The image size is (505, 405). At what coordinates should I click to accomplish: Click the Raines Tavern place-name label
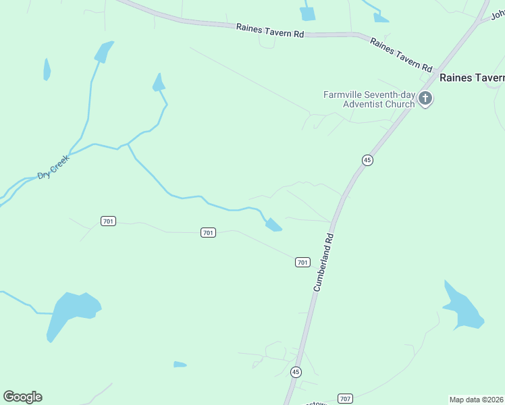[472, 78]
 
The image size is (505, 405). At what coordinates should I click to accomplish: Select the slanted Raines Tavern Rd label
[401, 55]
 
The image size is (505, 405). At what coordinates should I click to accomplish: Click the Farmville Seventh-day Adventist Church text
[369, 99]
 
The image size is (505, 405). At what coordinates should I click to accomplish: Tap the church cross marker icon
[425, 99]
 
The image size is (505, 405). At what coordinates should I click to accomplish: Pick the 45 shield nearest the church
[367, 160]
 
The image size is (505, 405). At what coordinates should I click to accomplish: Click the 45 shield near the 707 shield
[296, 372]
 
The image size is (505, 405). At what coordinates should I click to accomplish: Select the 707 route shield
[345, 399]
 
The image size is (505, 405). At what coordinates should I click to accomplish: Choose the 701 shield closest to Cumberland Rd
[302, 262]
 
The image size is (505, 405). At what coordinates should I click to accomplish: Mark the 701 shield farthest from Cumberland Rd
[108, 221]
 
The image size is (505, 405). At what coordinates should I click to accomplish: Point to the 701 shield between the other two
[208, 233]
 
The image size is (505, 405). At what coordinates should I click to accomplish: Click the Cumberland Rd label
[324, 263]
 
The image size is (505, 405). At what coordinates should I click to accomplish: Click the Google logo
[22, 397]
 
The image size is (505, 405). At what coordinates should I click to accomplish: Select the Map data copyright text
[476, 400]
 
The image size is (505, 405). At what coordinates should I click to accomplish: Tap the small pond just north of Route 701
[273, 225]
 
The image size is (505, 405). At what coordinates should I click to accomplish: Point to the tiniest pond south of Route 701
[180, 364]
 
